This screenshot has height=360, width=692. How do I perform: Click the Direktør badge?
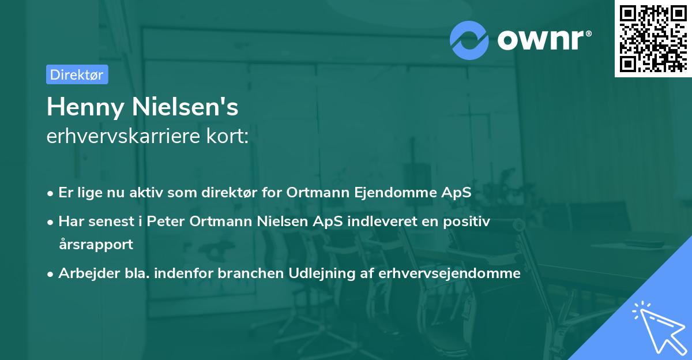pyautogui.click(x=77, y=74)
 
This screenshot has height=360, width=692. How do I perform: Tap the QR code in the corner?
pyautogui.click(x=653, y=38)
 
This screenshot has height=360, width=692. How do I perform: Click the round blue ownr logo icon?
pyautogui.click(x=469, y=40)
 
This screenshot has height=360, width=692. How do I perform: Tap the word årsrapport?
pyautogui.click(x=96, y=244)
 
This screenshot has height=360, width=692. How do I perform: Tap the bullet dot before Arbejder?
pyautogui.click(x=51, y=273)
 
